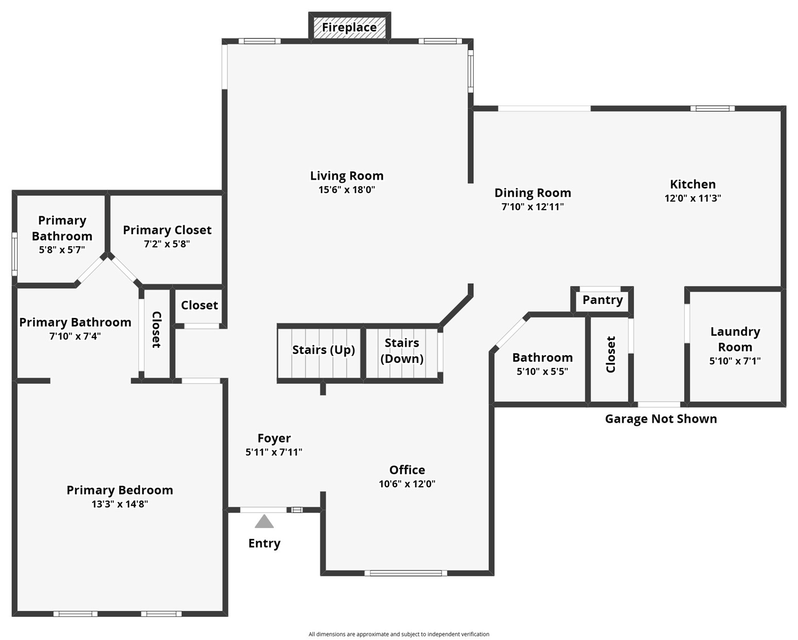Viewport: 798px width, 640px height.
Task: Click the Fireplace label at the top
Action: [349, 27]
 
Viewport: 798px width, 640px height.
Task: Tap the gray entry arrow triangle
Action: [264, 521]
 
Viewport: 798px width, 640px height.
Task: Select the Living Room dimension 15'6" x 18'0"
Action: [347, 190]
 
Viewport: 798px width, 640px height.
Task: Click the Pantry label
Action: [603, 300]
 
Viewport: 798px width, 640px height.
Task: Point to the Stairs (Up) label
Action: [323, 350]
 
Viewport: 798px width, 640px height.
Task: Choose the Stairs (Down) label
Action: [402, 350]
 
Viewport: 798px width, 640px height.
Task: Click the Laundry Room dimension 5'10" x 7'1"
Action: [735, 361]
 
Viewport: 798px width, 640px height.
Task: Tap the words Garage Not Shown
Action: [661, 419]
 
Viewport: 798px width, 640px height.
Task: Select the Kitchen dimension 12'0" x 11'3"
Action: [693, 198]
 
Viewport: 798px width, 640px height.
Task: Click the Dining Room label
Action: [533, 193]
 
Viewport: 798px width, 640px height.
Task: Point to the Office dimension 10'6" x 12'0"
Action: [407, 484]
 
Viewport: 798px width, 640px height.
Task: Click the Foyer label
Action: [274, 438]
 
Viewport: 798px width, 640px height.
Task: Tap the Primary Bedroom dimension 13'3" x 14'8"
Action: [120, 504]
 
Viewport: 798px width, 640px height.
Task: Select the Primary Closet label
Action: [167, 230]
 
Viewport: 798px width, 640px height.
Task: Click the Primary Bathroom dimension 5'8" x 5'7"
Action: [62, 249]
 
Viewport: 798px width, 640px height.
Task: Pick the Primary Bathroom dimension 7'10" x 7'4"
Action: [75, 336]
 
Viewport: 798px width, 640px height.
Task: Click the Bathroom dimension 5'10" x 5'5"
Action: [542, 371]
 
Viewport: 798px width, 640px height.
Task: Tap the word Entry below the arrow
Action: [264, 543]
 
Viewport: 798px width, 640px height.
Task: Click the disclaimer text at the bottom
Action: [399, 634]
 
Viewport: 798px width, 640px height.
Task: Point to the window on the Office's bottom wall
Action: [406, 573]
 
